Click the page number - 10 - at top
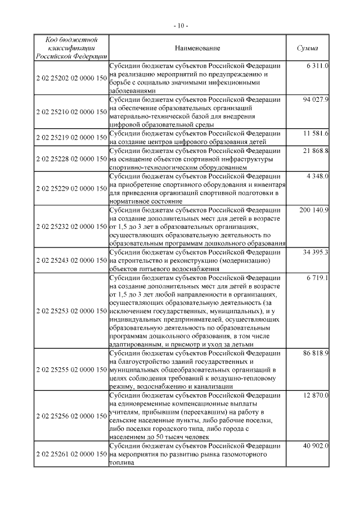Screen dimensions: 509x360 coord(180,25)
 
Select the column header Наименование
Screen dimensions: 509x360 coord(197,48)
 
